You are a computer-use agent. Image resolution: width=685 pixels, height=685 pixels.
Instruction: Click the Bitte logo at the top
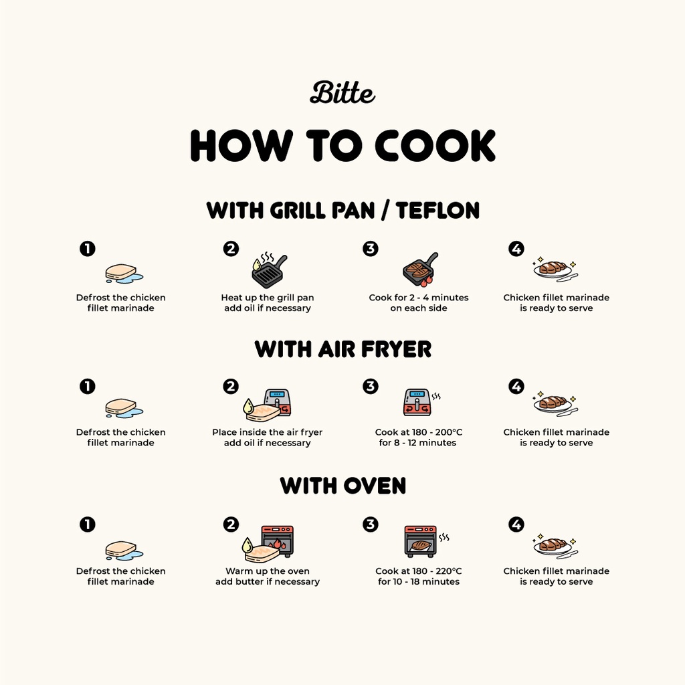point(342,92)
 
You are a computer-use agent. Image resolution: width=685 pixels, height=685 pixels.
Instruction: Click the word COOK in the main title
point(435,145)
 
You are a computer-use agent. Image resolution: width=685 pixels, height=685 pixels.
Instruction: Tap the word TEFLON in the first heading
point(437,210)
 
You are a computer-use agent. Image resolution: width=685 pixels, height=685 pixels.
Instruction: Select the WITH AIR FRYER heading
point(342,349)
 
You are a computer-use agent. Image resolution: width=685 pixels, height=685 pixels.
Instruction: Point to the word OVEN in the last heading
point(375,486)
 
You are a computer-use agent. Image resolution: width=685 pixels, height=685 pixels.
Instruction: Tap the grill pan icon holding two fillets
point(420,270)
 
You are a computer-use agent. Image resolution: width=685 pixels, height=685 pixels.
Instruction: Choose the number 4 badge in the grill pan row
point(516,249)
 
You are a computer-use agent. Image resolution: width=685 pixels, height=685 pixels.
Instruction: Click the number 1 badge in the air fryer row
point(88,386)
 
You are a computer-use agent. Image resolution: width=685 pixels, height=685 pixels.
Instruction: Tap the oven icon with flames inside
point(277,541)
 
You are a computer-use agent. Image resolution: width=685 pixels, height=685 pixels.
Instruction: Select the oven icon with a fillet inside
point(420,541)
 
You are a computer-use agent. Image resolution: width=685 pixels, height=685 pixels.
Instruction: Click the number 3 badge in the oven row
point(370,524)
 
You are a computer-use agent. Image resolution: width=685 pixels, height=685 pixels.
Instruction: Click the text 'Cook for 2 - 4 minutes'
point(419,298)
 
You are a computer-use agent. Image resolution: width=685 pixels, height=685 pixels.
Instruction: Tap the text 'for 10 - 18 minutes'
point(419,581)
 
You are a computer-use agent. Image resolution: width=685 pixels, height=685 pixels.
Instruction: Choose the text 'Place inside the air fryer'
point(268,432)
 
